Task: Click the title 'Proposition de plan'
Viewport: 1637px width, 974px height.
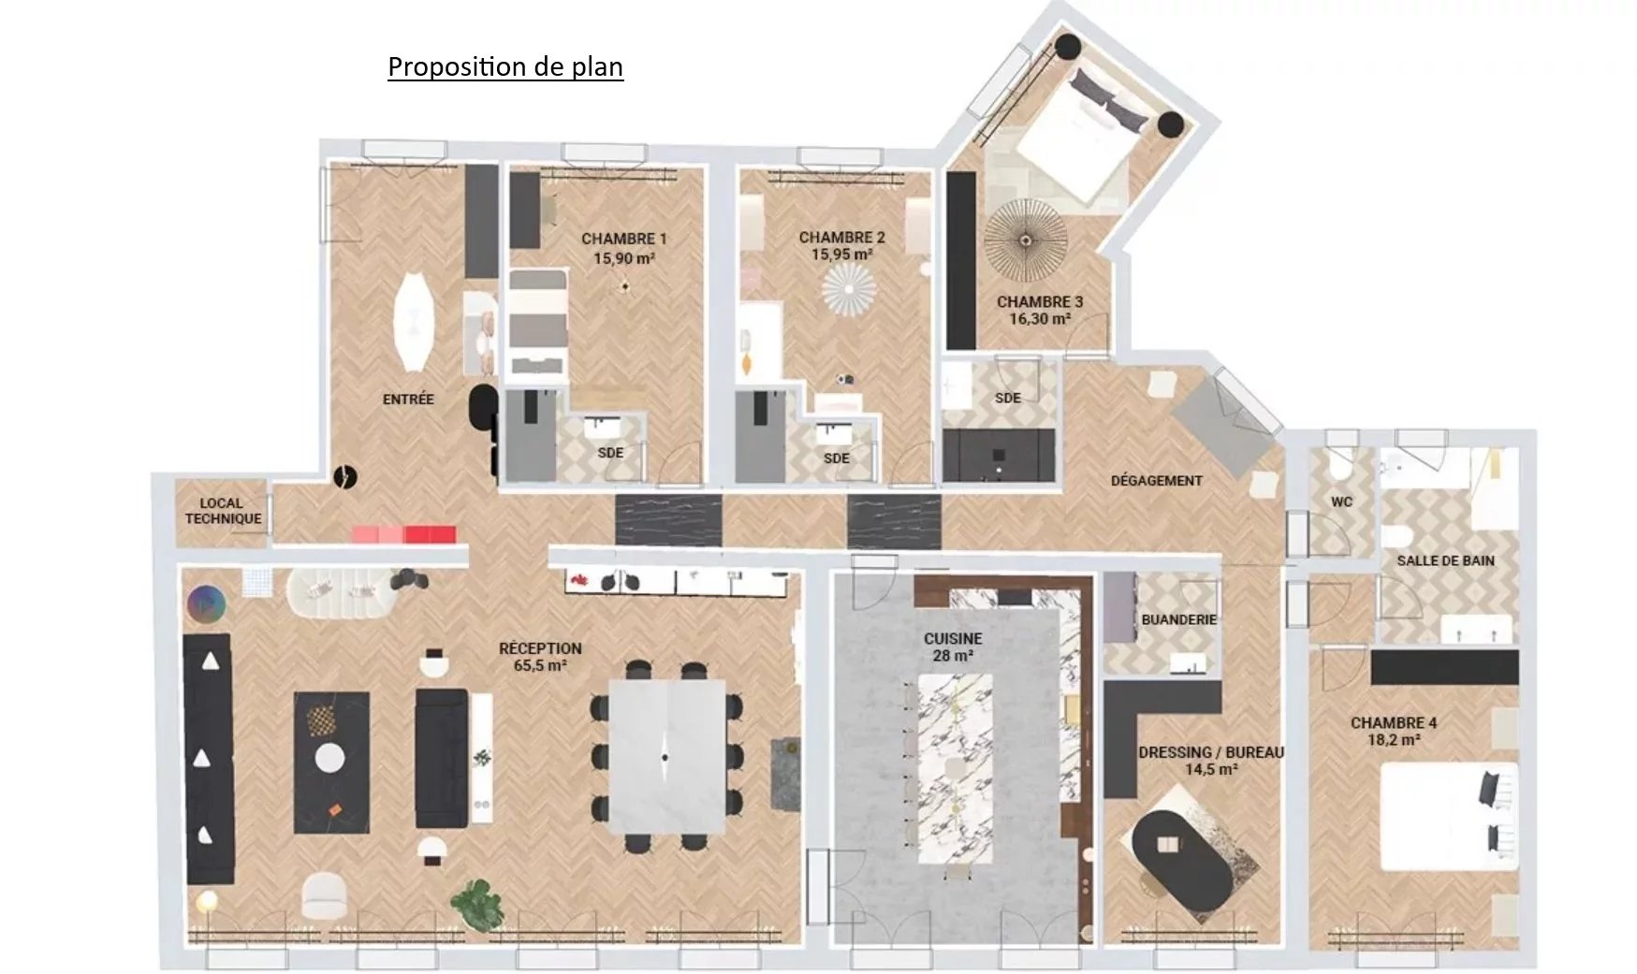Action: tap(505, 66)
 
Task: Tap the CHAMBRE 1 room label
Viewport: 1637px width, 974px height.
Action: tap(624, 239)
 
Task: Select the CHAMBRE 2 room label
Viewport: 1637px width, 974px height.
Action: tap(841, 238)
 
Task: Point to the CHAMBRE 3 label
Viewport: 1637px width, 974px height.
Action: tap(1040, 301)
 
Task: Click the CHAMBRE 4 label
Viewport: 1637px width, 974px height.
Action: tap(1394, 722)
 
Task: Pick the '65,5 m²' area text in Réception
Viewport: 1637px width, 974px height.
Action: tap(540, 666)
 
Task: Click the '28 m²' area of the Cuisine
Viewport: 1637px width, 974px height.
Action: tap(953, 656)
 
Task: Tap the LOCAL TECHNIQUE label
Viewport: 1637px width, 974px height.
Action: tap(223, 511)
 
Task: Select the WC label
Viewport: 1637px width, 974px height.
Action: tap(1342, 502)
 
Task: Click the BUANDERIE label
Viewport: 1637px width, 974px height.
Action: tap(1179, 619)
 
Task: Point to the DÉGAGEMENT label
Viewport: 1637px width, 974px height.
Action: tap(1157, 480)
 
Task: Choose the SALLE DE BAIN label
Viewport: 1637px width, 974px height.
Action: tap(1446, 560)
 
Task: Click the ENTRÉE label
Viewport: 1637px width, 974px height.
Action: tap(408, 399)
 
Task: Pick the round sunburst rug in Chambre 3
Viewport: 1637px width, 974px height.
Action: tap(1026, 240)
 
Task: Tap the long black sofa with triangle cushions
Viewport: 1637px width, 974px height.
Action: tap(209, 759)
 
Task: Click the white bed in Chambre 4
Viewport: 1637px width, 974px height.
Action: tap(1449, 817)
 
